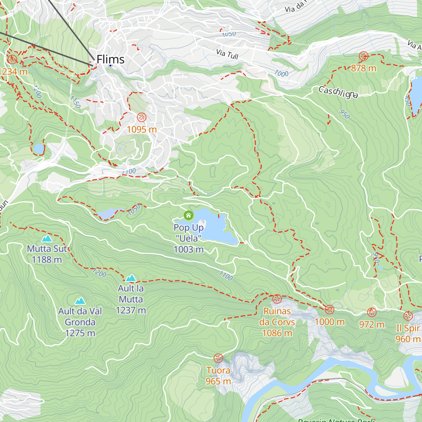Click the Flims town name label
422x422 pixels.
110,59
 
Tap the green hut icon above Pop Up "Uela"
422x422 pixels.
188,215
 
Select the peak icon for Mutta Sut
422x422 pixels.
47,238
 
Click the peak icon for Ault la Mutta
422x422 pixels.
131,278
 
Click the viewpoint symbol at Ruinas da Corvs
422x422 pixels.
277,299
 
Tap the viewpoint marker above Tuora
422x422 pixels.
218,358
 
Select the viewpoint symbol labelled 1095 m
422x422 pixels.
141,117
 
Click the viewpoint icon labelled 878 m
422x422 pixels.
363,56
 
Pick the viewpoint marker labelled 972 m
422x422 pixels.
372,312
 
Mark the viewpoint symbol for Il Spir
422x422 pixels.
408,316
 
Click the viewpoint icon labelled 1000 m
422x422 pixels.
330,310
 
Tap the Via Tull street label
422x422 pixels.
227,54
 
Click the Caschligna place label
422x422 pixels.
338,92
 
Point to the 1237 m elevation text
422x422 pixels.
131,310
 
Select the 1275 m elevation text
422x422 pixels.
80,333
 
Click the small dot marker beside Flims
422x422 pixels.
110,65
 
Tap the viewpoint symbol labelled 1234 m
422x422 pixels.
12,59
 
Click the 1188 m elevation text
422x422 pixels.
47,260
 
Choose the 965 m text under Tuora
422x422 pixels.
218,381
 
